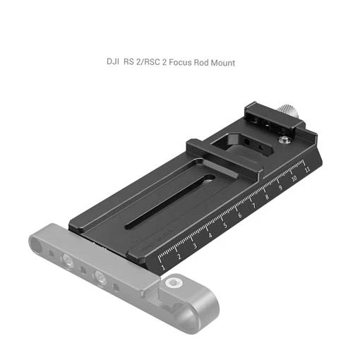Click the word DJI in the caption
coord(112,61)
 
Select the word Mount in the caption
coord(223,63)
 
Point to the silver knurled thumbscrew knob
coord(286,110)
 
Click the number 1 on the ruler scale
coord(163,267)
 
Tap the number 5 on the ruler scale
coord(225,225)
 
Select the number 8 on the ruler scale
coord(267,197)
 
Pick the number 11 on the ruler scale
coord(307,169)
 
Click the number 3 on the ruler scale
coord(195,246)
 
